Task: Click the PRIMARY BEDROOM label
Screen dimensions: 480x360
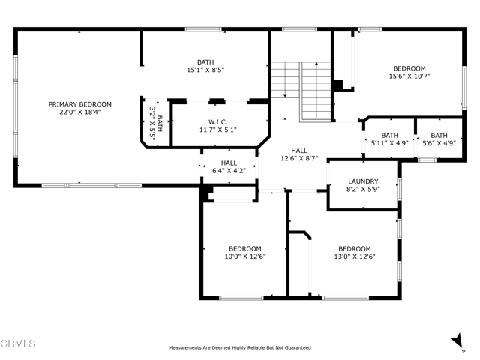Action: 80,104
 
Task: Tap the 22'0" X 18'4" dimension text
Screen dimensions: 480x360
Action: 80,112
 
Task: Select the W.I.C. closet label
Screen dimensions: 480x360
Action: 218,122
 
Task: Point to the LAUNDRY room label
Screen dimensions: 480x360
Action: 363,181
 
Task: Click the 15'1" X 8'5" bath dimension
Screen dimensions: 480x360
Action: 205,70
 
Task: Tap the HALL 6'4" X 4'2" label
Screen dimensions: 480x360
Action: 229,166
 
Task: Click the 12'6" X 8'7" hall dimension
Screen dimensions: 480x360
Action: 299,158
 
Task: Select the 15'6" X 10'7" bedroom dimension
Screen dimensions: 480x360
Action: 409,76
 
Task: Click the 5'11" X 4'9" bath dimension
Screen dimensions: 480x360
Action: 390,143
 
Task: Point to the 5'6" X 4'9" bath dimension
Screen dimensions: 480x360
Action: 439,143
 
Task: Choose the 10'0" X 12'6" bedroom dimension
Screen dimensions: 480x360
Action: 245,256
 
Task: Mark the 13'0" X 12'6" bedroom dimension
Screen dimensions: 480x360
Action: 355,256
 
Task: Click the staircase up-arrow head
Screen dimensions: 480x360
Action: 316,64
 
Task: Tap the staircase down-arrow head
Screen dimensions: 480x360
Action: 285,95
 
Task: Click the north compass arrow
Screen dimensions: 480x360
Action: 457,340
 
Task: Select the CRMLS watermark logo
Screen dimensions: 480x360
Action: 17,343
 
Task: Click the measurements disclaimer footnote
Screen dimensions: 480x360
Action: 240,347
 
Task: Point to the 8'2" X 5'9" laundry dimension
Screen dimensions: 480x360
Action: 363,189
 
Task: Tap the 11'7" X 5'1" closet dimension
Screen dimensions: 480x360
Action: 218,130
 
